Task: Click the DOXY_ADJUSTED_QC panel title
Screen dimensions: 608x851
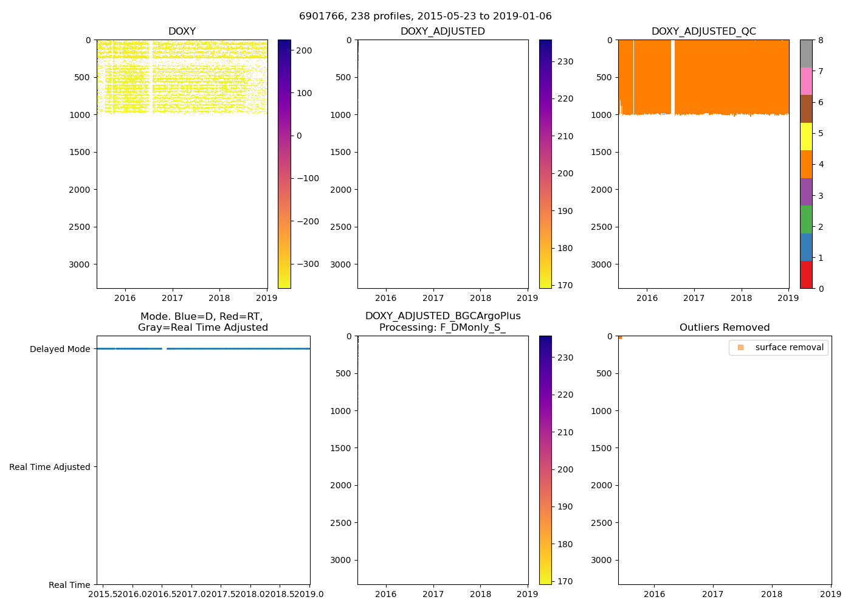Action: point(703,32)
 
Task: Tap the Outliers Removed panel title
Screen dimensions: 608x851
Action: point(725,328)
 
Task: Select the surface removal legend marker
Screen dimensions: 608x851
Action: point(740,348)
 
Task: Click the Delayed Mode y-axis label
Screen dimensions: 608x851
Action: point(60,349)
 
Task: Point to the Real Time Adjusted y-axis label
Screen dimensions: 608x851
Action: point(50,467)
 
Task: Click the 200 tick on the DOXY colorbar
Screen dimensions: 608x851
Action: point(304,50)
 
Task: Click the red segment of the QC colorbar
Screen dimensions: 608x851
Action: point(806,274)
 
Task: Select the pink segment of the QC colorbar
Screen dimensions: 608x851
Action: point(806,81)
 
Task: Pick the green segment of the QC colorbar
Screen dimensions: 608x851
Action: point(806,219)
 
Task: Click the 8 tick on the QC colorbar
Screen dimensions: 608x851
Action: point(821,40)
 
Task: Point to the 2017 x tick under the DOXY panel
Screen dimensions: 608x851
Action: point(173,298)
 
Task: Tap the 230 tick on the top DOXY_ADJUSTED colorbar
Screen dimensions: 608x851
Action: point(565,61)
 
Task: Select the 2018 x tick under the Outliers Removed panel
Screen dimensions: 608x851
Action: point(772,594)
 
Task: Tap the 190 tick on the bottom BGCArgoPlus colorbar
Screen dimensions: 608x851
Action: point(565,506)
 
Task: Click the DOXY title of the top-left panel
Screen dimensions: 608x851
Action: point(182,32)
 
